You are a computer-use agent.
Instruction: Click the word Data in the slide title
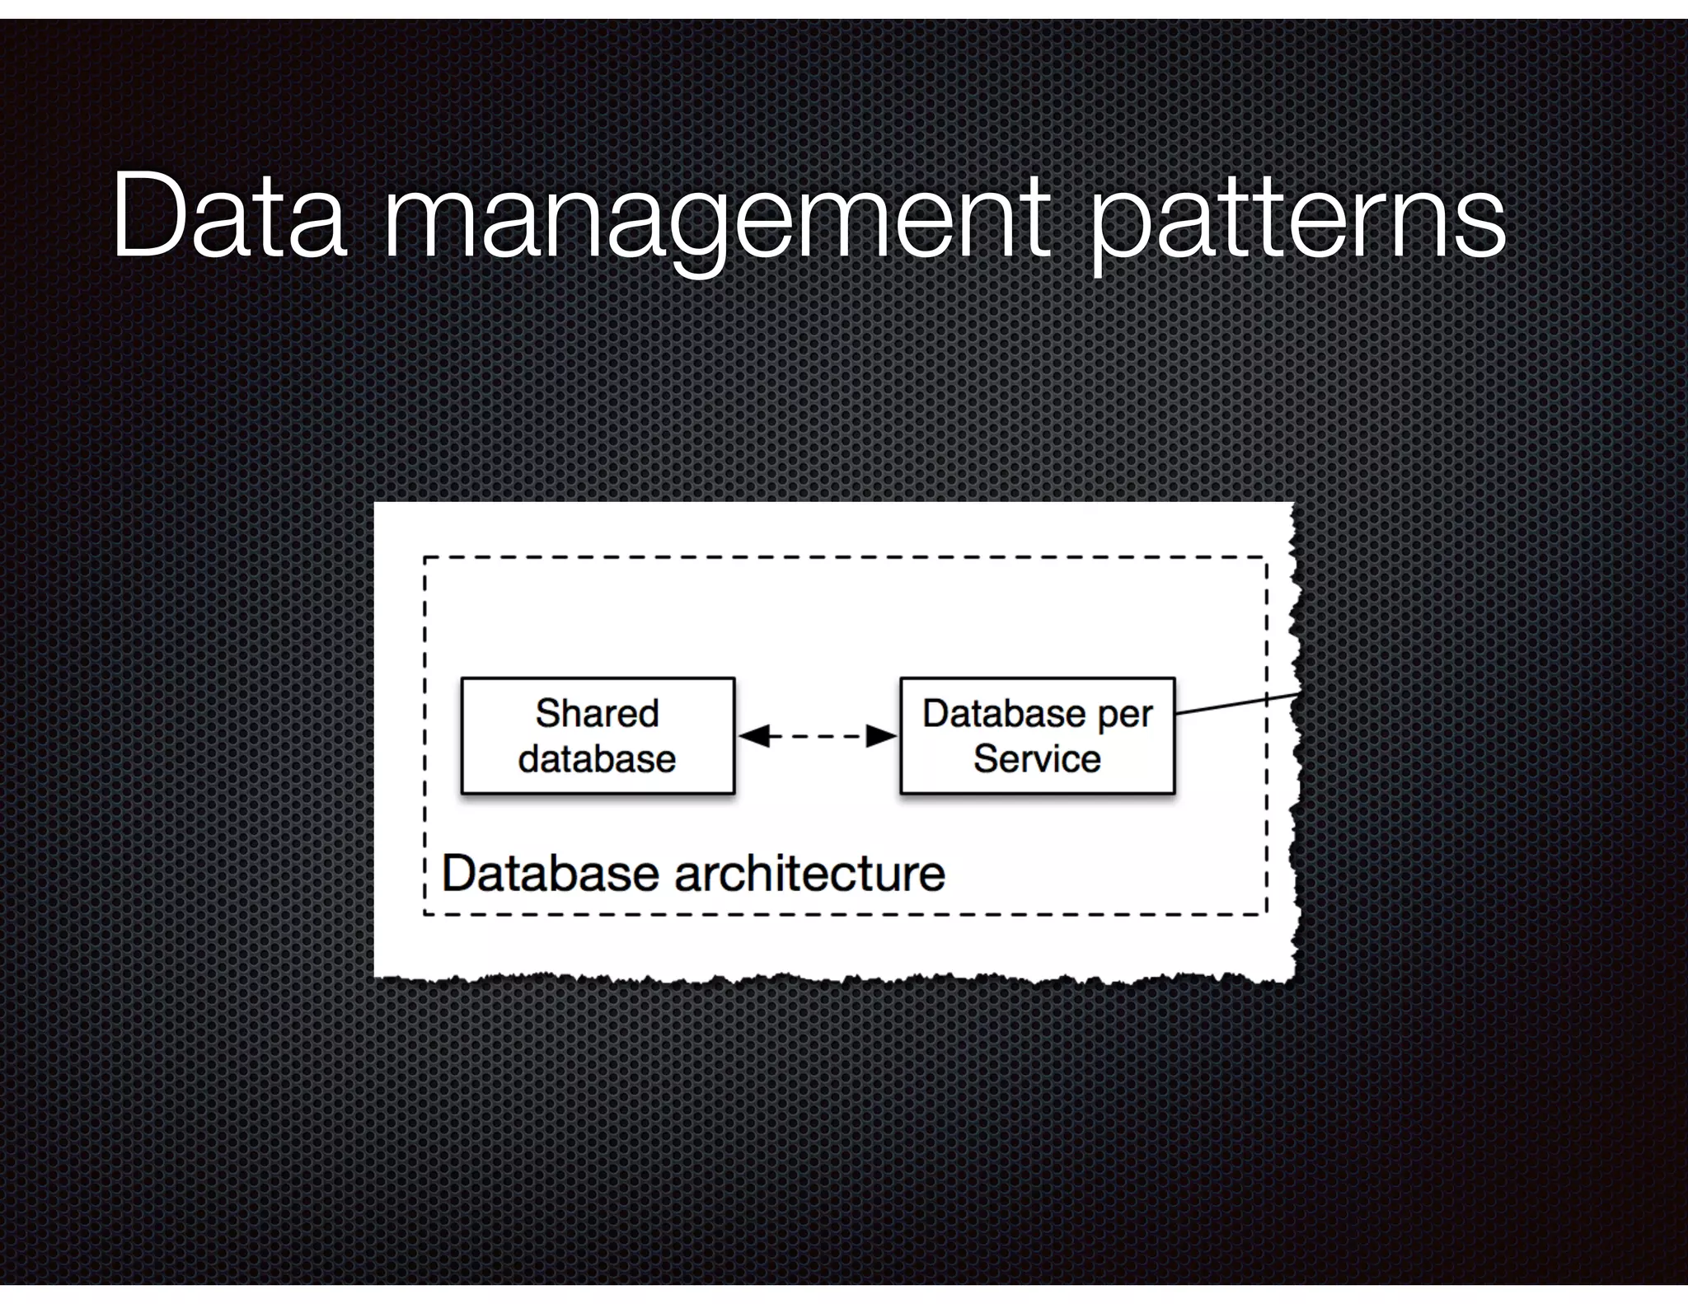(x=229, y=217)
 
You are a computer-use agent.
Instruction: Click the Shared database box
(x=598, y=736)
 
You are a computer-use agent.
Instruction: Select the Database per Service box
(x=1037, y=736)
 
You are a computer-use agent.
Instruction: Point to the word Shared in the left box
(x=598, y=714)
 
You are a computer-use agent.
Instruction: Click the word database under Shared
(x=598, y=759)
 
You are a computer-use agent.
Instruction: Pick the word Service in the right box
(x=1037, y=759)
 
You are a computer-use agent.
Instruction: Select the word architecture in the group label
(x=810, y=874)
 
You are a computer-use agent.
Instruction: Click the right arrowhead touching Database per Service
(x=882, y=736)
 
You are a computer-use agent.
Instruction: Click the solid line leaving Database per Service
(x=1236, y=704)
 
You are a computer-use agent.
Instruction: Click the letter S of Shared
(x=546, y=714)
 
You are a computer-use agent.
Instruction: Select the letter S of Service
(x=984, y=759)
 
